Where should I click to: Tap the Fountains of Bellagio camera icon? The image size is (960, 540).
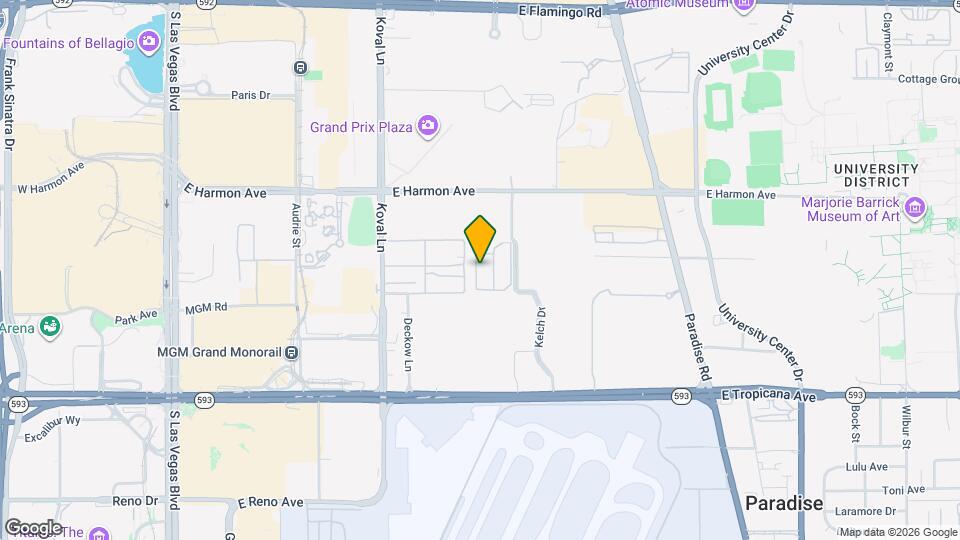[x=149, y=42]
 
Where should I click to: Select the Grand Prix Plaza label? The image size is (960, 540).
[x=361, y=127]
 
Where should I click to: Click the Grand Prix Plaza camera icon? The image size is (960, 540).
[x=428, y=126]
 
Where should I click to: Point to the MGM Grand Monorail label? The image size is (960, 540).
[x=217, y=352]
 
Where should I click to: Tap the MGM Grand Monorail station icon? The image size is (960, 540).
[x=291, y=352]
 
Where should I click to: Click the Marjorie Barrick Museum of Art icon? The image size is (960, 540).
[x=915, y=210]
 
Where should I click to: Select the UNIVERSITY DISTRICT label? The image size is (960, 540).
[x=875, y=175]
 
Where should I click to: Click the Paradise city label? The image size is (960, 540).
[x=784, y=503]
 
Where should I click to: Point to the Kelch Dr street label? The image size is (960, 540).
[x=540, y=327]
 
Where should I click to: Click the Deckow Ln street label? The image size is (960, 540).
[x=407, y=343]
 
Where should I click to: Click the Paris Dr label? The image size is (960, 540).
[x=251, y=96]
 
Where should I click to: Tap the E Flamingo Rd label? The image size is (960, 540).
[x=561, y=13]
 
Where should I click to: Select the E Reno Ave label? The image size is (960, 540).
[x=270, y=502]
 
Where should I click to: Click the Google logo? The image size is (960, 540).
[x=32, y=527]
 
